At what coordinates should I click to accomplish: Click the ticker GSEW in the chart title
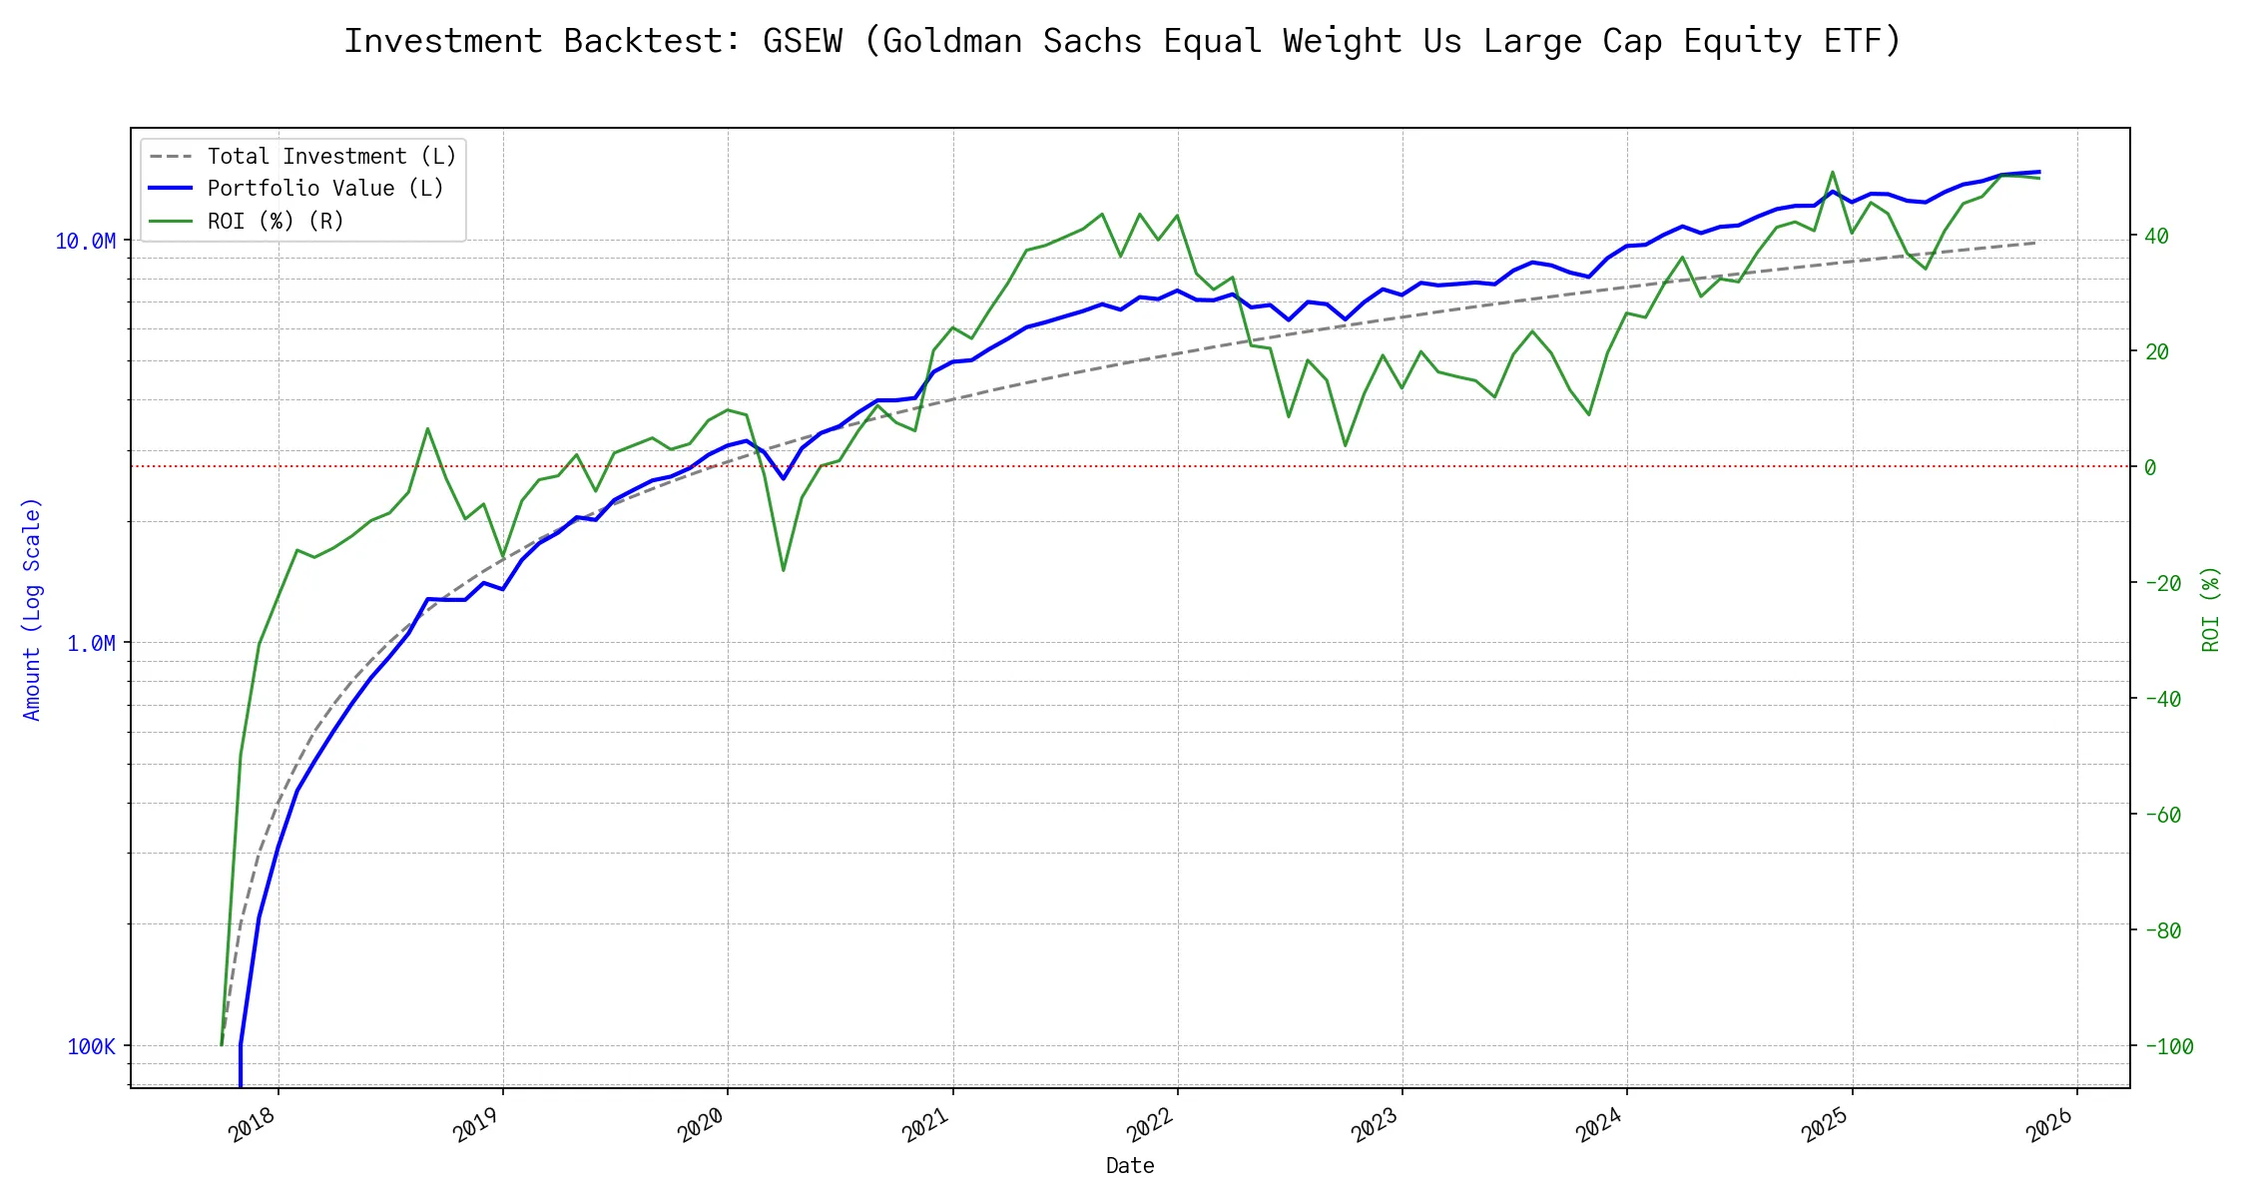(803, 41)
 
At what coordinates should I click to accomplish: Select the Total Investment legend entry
(330, 157)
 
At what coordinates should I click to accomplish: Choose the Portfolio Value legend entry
(324, 189)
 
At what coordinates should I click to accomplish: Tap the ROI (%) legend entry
(275, 221)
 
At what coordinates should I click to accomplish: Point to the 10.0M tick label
(85, 241)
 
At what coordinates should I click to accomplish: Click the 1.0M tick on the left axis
(91, 644)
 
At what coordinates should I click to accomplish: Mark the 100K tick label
(91, 1046)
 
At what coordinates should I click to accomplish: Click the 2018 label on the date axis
(252, 1126)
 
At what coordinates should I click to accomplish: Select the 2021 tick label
(925, 1126)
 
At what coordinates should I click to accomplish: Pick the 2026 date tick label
(2050, 1126)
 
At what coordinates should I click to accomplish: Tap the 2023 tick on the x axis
(1376, 1126)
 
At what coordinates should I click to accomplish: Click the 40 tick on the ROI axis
(2156, 237)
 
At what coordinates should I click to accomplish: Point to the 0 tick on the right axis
(2150, 467)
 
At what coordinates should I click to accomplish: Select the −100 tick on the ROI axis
(2168, 1046)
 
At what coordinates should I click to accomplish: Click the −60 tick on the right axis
(2162, 815)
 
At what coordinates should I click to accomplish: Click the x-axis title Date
(1130, 1166)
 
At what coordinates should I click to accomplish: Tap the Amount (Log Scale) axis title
(32, 609)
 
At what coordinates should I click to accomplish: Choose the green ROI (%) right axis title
(2211, 609)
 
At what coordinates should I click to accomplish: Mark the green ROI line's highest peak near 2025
(1833, 172)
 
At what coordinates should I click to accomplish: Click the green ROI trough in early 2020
(784, 570)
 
